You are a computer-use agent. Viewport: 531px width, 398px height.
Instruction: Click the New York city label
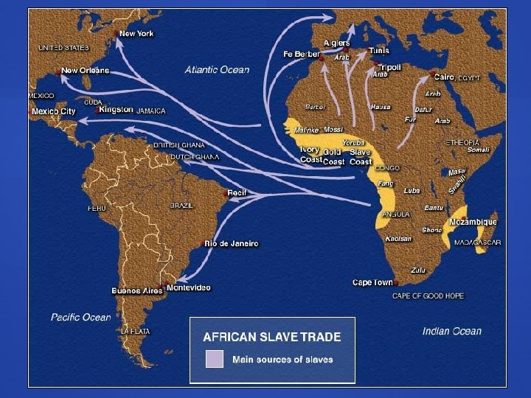tap(136, 33)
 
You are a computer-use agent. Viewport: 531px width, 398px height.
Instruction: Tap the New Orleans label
tap(85, 71)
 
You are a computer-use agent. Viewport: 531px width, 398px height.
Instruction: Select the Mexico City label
tap(54, 111)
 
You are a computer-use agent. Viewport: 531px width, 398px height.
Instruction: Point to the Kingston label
tap(117, 110)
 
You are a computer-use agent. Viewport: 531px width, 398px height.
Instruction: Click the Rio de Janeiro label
tap(232, 244)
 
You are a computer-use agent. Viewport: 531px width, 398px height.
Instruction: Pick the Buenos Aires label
tap(136, 290)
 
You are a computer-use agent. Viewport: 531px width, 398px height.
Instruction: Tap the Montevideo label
tap(189, 287)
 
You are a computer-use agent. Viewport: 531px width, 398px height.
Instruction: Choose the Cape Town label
tap(372, 283)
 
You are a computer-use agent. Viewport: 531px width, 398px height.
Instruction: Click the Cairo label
tap(444, 77)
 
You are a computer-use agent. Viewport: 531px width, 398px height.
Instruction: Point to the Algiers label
tap(336, 43)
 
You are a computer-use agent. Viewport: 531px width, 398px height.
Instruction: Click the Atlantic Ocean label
tap(217, 70)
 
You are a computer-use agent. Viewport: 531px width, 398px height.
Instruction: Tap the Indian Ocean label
tap(451, 331)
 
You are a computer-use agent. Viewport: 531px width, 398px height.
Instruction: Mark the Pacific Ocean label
tap(80, 317)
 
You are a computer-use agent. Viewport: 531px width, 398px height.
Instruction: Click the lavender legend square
tap(214, 359)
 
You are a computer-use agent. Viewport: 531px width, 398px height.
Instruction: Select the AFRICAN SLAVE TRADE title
tap(272, 337)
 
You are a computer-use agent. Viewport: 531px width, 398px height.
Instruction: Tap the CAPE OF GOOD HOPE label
tap(428, 296)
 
